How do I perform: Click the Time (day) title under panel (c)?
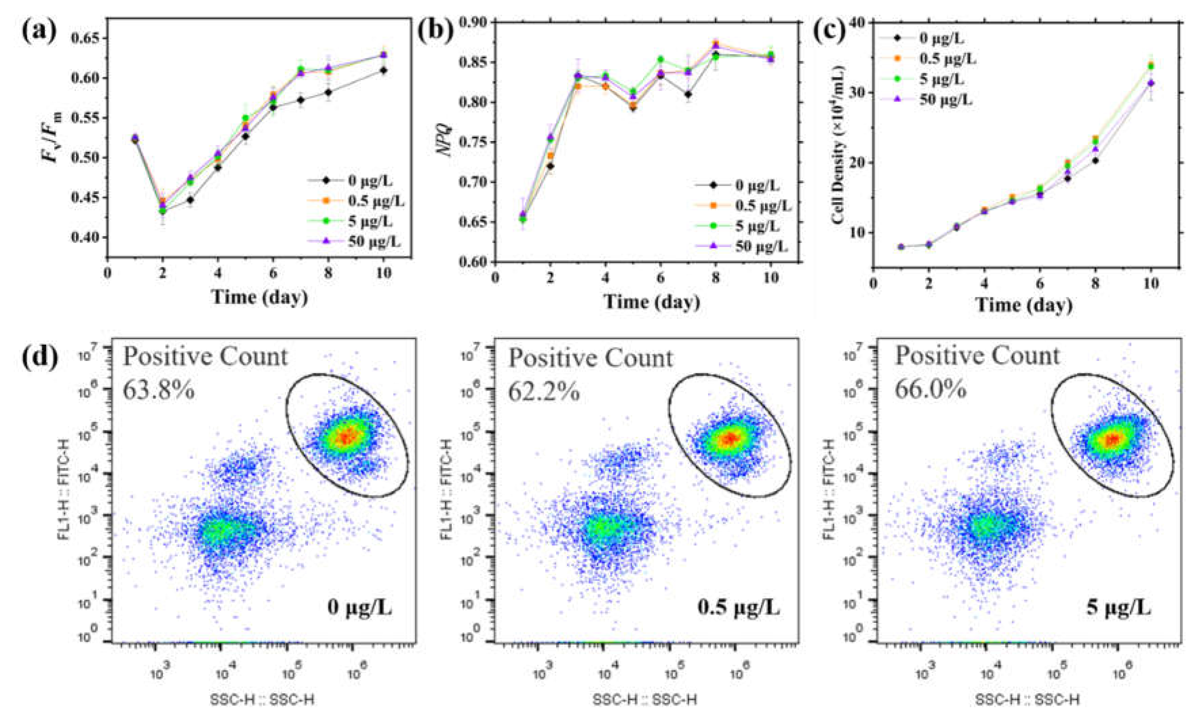[1024, 305]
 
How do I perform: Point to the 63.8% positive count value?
[159, 389]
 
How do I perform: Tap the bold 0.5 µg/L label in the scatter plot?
[738, 607]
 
